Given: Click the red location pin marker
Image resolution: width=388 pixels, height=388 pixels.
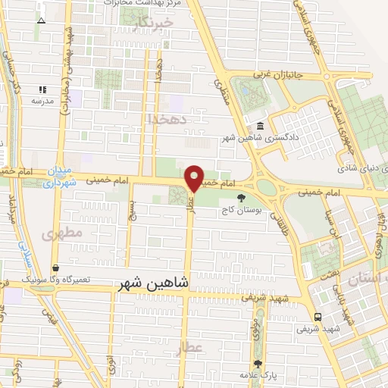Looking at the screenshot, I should (195, 178).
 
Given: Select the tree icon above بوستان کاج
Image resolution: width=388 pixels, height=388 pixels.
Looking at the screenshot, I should (242, 199).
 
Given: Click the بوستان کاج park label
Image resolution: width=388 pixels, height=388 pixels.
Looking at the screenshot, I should (241, 211).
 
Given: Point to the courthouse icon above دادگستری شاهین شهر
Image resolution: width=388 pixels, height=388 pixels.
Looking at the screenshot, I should (261, 126).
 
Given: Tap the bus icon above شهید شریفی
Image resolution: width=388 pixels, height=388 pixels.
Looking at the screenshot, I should (317, 317).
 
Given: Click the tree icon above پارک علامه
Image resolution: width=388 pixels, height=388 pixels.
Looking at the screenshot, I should (258, 364).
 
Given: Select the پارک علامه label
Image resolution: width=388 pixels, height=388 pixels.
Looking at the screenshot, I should (258, 376).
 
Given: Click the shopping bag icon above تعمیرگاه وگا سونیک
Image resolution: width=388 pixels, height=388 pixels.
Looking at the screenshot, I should (56, 268).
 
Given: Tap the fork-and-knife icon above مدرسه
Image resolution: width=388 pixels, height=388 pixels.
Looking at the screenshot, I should (42, 89).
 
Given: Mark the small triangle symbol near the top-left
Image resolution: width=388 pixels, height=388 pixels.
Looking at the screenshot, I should (41, 19).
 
